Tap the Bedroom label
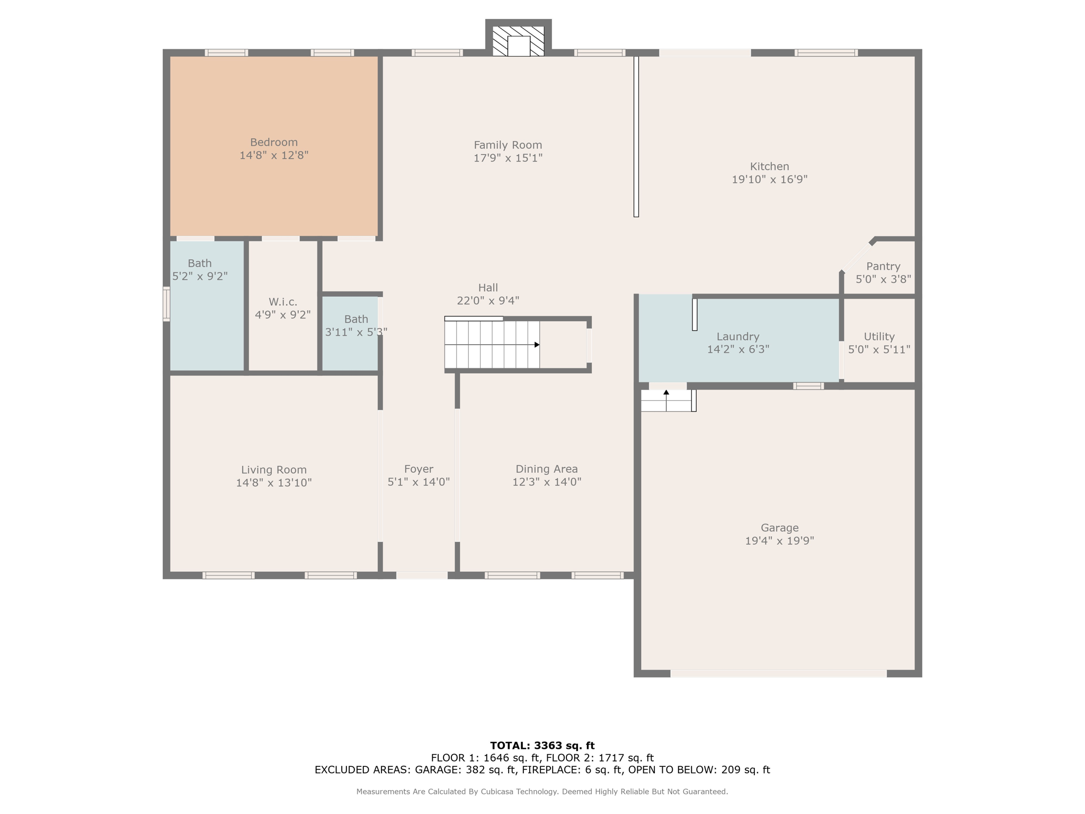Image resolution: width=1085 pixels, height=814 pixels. click(x=274, y=142)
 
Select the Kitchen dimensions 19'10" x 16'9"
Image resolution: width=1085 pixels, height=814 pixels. click(x=769, y=180)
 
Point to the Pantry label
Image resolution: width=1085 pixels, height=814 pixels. click(x=883, y=266)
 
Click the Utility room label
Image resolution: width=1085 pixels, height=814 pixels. click(x=879, y=337)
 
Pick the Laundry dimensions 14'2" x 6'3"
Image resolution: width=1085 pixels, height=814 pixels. click(x=738, y=349)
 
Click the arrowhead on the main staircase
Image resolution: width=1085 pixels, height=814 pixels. click(x=537, y=345)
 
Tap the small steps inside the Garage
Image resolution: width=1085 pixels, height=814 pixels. click(x=666, y=401)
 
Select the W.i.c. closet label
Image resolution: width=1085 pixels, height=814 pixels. click(x=282, y=302)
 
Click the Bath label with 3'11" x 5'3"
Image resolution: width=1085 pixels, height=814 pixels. click(x=356, y=319)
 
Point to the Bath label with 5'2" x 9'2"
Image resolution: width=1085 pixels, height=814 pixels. click(x=200, y=263)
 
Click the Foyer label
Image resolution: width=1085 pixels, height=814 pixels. click(x=419, y=469)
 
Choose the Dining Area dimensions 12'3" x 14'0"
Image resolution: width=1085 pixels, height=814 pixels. click(x=547, y=482)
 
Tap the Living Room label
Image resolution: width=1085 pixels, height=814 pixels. click(x=274, y=470)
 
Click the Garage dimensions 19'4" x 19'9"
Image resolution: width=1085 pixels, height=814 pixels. click(x=779, y=541)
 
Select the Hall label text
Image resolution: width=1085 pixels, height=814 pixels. click(x=488, y=288)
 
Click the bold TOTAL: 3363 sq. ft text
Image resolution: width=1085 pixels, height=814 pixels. click(x=542, y=746)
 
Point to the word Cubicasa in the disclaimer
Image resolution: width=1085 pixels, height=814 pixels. click(x=497, y=792)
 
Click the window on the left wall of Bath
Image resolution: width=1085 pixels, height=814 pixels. click(x=166, y=304)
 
